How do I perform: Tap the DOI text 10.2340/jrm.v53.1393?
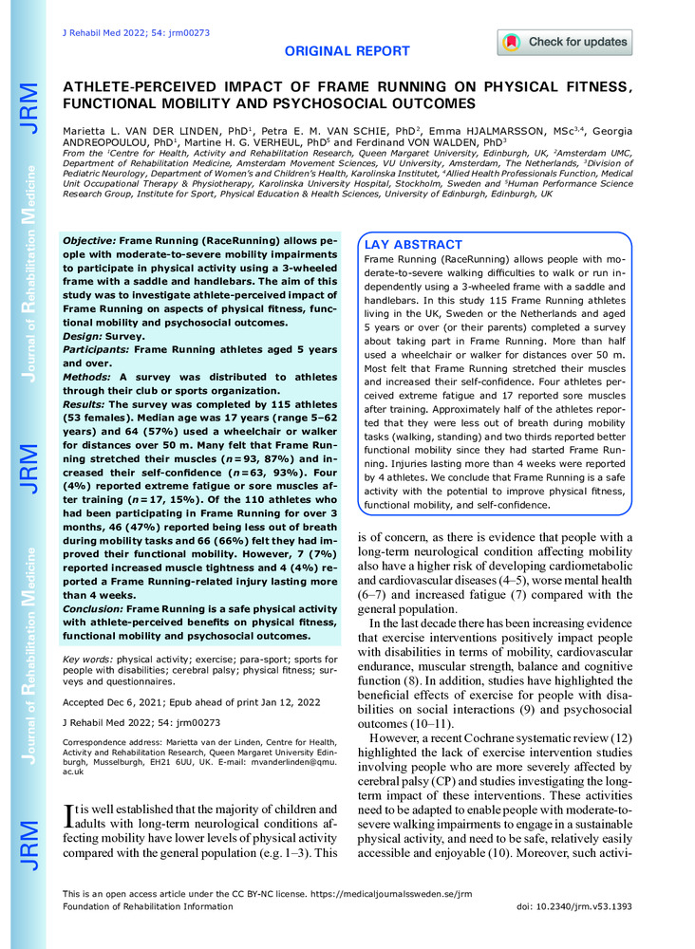point(608,907)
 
